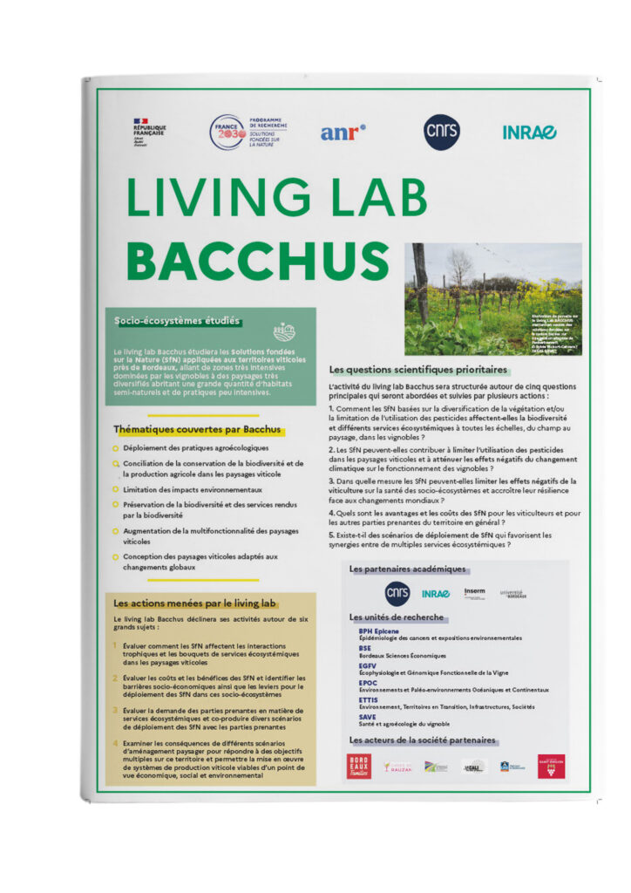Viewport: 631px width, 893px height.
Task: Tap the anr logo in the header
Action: (343, 132)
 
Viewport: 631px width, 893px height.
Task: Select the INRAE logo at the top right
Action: (529, 132)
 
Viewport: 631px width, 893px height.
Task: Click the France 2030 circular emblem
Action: (227, 132)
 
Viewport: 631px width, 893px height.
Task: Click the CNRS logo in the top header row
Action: (441, 132)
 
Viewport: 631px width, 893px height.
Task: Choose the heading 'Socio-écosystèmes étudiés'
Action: (177, 321)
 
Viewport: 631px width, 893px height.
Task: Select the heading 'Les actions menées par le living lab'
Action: (195, 603)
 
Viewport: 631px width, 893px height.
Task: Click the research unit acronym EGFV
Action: (369, 665)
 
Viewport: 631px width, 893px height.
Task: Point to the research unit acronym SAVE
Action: (368, 717)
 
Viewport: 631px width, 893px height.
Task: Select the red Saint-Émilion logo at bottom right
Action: (551, 766)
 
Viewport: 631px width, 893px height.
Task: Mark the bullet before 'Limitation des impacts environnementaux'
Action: (116, 489)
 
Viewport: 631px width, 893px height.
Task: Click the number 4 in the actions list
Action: (116, 743)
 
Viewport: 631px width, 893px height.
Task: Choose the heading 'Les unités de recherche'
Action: (397, 617)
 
